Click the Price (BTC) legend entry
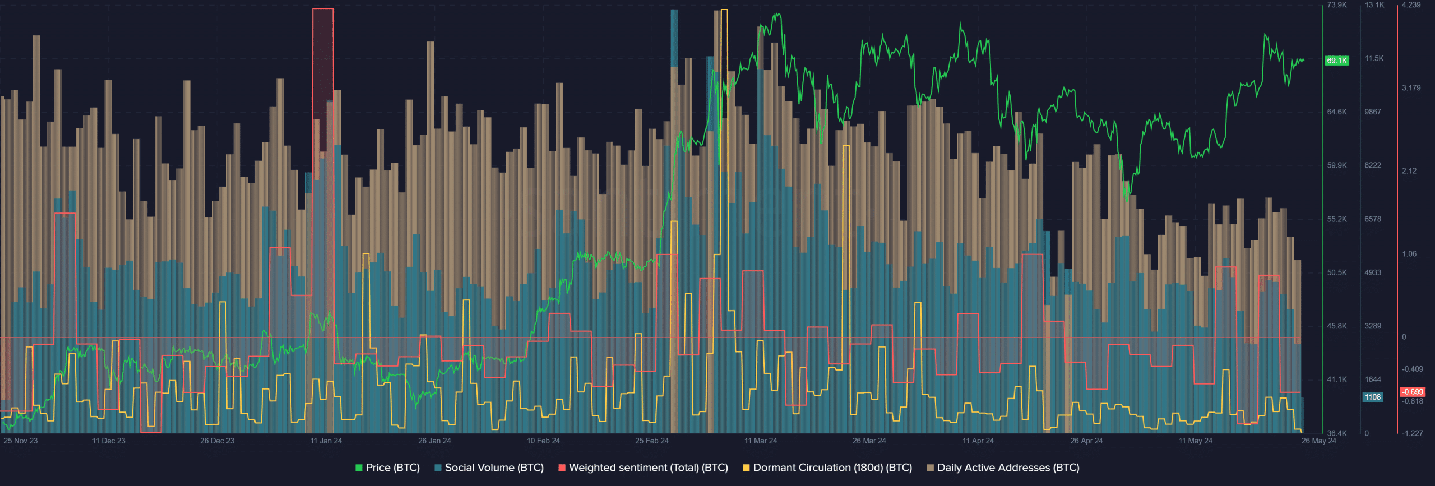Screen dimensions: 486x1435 tap(387, 468)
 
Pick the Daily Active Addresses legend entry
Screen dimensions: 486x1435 tap(1003, 468)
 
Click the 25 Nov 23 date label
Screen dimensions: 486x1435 tap(21, 441)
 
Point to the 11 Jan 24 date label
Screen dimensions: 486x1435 tap(326, 441)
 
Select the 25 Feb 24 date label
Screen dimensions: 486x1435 tap(651, 441)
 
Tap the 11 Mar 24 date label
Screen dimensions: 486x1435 tap(761, 441)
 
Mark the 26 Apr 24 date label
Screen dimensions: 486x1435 tap(1086, 441)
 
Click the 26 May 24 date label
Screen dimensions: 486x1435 tap(1318, 441)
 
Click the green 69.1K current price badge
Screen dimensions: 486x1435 tap(1336, 61)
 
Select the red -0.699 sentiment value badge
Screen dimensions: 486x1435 tap(1413, 392)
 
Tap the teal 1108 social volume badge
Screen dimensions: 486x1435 tap(1372, 397)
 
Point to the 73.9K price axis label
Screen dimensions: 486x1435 tap(1337, 5)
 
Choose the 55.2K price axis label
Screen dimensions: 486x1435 tap(1337, 219)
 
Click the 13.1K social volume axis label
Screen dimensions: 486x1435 tap(1374, 5)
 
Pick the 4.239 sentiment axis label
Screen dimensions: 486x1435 tap(1411, 5)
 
